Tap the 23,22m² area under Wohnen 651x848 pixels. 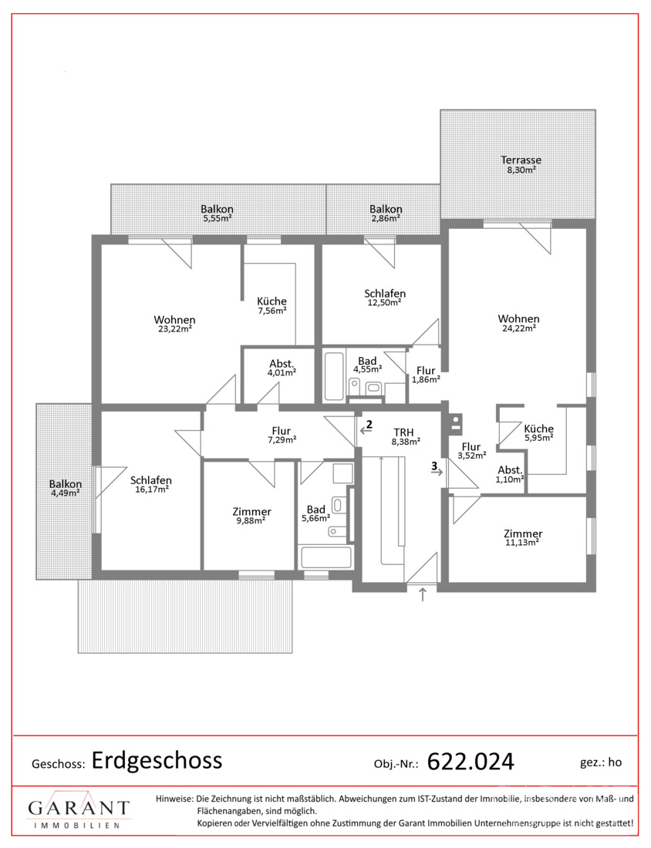click(x=174, y=329)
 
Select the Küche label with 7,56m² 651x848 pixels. click(x=272, y=305)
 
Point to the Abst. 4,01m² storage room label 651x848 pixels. click(x=282, y=368)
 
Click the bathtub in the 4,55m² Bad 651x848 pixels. click(x=334, y=376)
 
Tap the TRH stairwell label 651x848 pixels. click(x=404, y=432)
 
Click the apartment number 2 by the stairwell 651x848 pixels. click(x=369, y=424)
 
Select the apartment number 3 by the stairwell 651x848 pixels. click(x=434, y=465)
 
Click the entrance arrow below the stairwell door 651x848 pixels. click(x=423, y=594)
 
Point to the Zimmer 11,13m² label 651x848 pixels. click(x=523, y=537)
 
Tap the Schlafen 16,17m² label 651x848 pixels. click(x=151, y=485)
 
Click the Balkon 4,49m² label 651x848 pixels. click(x=66, y=488)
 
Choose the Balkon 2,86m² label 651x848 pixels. click(x=386, y=213)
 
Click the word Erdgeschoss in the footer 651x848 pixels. click(x=157, y=760)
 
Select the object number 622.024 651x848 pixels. click(x=471, y=762)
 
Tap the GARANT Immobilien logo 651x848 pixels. click(x=79, y=812)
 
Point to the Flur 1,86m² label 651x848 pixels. click(x=426, y=375)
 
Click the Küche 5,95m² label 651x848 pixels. click(x=538, y=433)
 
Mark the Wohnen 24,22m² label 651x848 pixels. click(x=519, y=323)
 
